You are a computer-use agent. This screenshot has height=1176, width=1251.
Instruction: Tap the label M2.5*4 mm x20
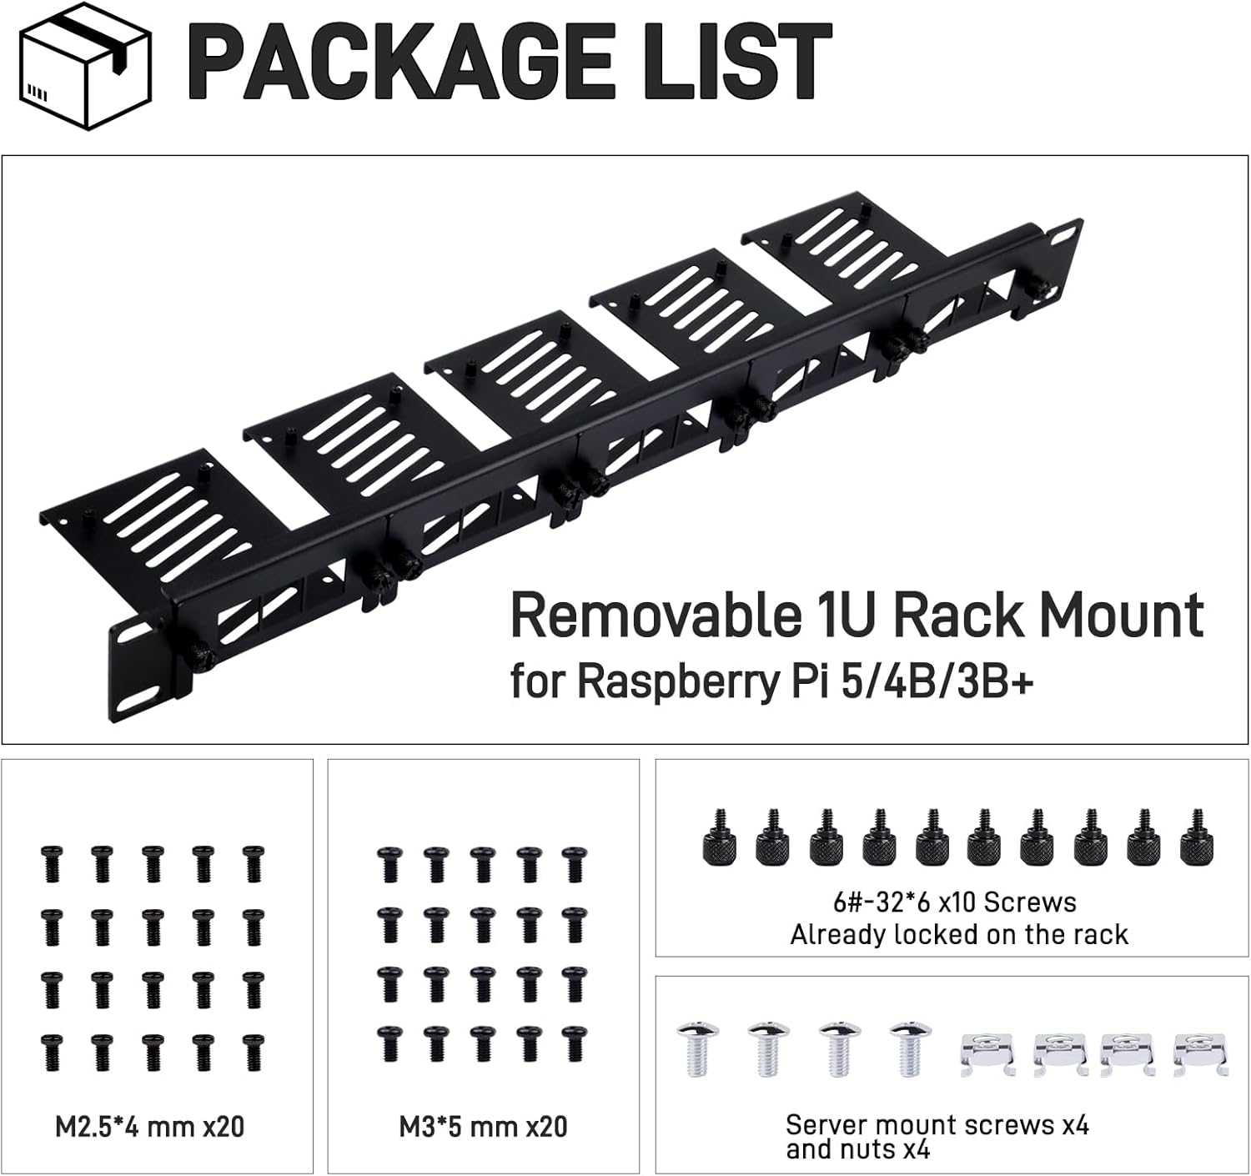point(150,1127)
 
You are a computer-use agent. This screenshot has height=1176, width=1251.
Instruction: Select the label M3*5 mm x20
point(484,1127)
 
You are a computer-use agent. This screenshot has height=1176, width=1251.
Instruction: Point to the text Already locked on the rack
point(959,935)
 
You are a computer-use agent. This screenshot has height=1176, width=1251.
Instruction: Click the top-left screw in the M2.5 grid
point(52,863)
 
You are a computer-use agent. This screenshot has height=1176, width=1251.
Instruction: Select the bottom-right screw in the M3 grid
point(574,1043)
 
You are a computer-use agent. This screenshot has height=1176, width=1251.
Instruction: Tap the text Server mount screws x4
point(937,1125)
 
